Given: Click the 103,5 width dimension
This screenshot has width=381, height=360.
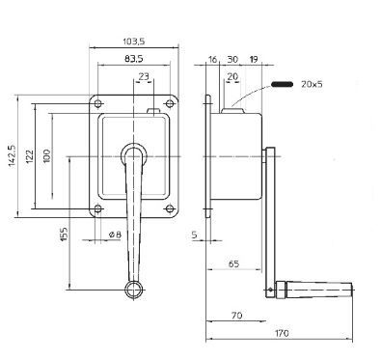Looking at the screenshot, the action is tap(134, 42).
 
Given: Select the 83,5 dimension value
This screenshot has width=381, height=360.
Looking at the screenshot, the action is tap(134, 59).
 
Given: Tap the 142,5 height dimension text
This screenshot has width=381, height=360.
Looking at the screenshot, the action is tap(12, 156).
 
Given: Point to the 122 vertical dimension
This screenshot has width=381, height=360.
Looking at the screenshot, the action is tap(30, 156).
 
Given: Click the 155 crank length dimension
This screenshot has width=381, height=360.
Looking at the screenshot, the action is tap(64, 235).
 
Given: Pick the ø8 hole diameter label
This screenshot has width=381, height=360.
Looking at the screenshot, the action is tap(115, 235).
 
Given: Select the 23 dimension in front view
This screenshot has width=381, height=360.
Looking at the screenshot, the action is tap(144, 76).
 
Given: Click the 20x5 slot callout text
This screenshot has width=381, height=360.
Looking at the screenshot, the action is tap(312, 84).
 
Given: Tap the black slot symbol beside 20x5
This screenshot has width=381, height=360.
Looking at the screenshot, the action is tap(282, 84).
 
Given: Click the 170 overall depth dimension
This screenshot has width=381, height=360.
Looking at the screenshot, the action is tap(282, 333).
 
